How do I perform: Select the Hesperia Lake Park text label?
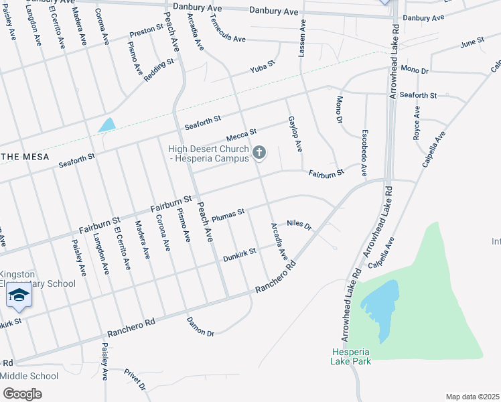click(x=350, y=356)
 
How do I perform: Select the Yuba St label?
click(x=263, y=68)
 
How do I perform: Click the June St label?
click(x=472, y=44)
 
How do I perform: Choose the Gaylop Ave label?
click(x=295, y=133)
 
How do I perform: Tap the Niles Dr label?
click(x=299, y=225)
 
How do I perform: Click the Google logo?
click(x=21, y=394)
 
